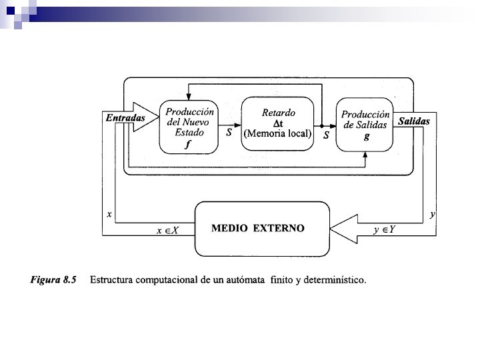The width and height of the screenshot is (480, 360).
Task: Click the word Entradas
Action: [125, 118]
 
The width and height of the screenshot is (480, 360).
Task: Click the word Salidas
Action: [414, 121]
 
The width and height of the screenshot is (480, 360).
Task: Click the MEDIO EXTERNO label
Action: [258, 228]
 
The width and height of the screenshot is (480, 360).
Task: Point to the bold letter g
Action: [365, 136]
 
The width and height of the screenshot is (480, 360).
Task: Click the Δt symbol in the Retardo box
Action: [279, 123]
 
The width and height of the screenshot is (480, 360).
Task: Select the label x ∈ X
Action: [168, 230]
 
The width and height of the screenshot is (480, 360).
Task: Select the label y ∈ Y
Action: [385, 230]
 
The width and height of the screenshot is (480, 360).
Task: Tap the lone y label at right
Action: [433, 215]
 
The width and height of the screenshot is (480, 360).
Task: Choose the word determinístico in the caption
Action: [331, 280]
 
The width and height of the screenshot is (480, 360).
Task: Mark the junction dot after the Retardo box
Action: [321, 126]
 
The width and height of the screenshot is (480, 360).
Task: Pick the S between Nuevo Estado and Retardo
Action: [229, 133]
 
